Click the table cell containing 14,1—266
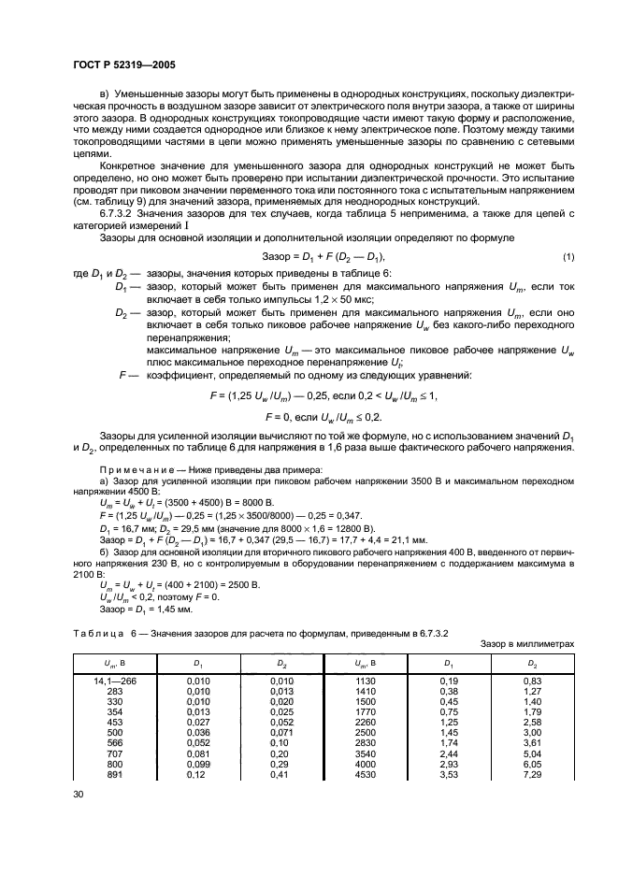(113, 681)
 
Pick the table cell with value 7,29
(534, 775)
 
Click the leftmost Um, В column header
(113, 662)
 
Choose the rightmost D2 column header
(534, 662)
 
